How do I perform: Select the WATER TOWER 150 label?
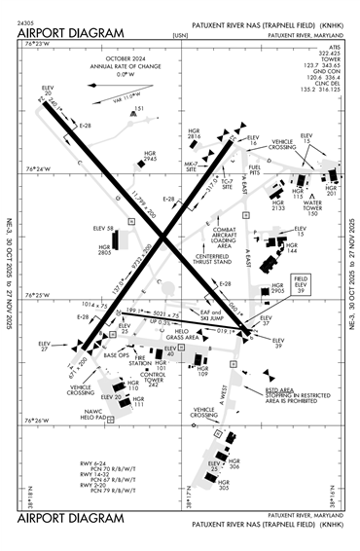[x=285, y=208]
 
